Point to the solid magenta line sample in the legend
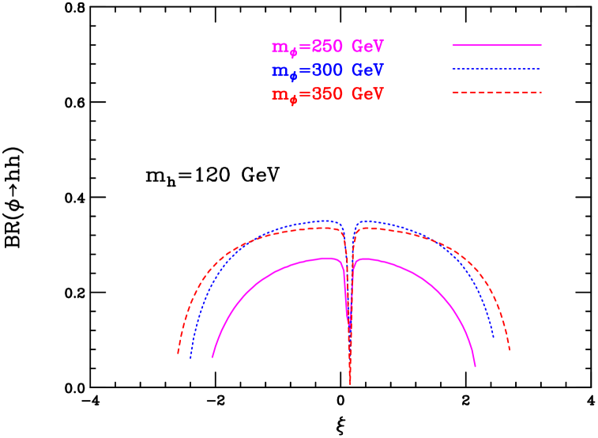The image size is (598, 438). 496,46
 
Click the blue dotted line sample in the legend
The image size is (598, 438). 496,70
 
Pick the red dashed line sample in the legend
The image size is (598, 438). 496,93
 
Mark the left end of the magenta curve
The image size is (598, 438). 212,357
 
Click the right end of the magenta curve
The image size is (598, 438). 476,367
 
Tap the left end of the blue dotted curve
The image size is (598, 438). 190,357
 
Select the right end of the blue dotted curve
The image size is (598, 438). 494,338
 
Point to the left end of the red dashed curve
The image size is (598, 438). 178,353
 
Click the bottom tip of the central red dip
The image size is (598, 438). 350,385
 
